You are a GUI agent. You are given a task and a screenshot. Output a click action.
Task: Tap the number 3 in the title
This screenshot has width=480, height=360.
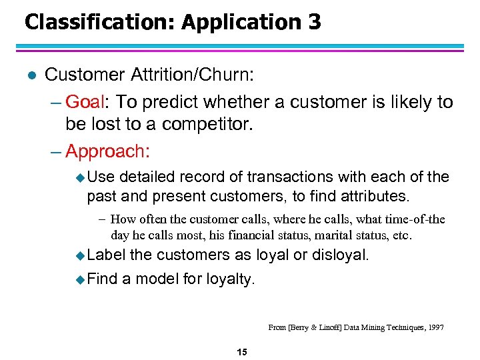point(315,23)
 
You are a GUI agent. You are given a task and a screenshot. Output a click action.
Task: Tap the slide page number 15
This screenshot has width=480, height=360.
point(241,352)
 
